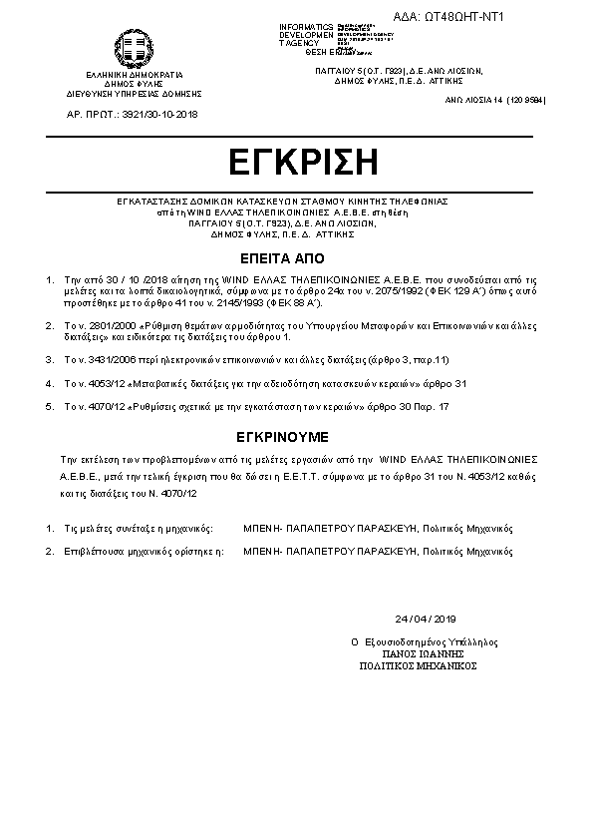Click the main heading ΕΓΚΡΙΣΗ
297,162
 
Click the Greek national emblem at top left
135,47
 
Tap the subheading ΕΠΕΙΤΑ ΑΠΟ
296,255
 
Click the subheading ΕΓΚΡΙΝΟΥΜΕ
296,437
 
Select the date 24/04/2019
425,619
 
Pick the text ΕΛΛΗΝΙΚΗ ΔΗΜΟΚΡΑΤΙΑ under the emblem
135,75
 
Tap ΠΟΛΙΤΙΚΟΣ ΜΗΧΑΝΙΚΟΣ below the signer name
419,664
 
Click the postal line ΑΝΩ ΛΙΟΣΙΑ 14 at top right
495,102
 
